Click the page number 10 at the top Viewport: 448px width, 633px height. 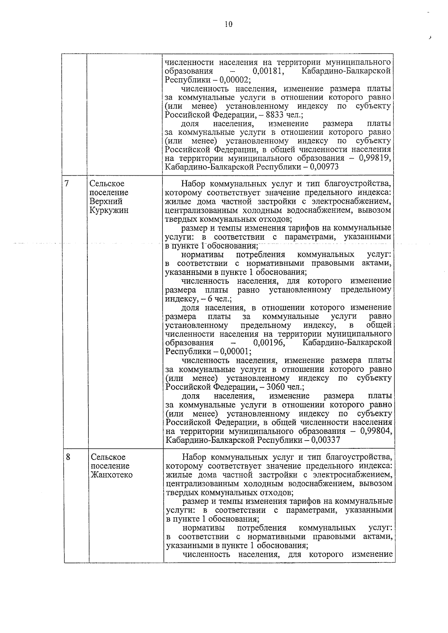pos(228,24)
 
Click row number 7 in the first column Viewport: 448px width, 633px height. pos(67,183)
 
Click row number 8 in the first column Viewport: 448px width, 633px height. pos(68,457)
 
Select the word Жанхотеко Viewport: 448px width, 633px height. pos(112,475)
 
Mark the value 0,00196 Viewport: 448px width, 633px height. pos(269,343)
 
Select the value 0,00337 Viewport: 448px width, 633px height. pos(325,440)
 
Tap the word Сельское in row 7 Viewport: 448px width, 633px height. pos(107,184)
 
